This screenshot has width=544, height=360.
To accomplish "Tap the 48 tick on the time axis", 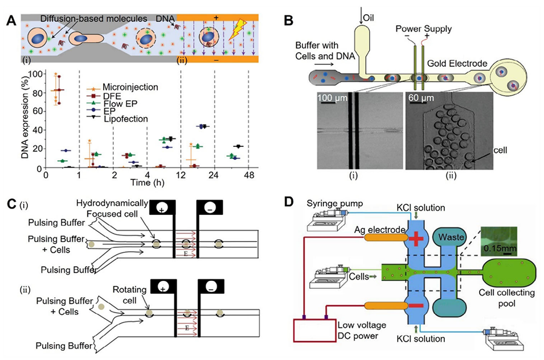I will [248, 176].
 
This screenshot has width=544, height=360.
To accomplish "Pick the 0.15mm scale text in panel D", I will [494, 247].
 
